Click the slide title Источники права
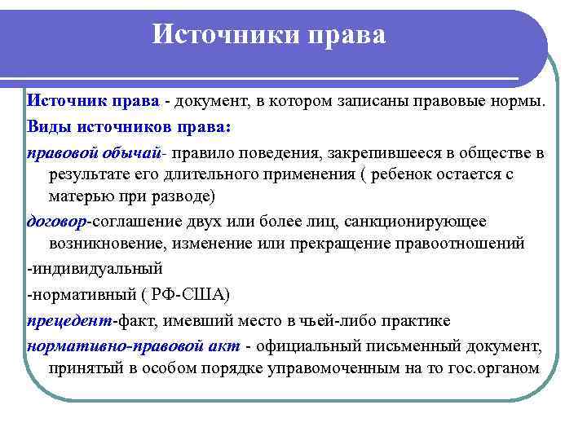(270, 34)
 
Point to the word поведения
(308, 152)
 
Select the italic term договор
(57, 222)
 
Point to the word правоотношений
(474, 244)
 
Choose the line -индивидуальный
(95, 268)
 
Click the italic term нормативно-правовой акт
(134, 345)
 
